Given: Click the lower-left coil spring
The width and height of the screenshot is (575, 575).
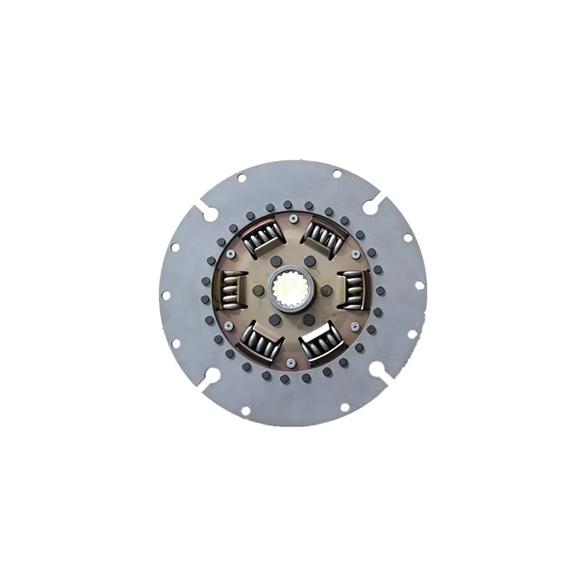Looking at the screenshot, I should click(x=260, y=343).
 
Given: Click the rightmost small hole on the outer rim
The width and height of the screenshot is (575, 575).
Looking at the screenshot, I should click(x=419, y=285).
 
